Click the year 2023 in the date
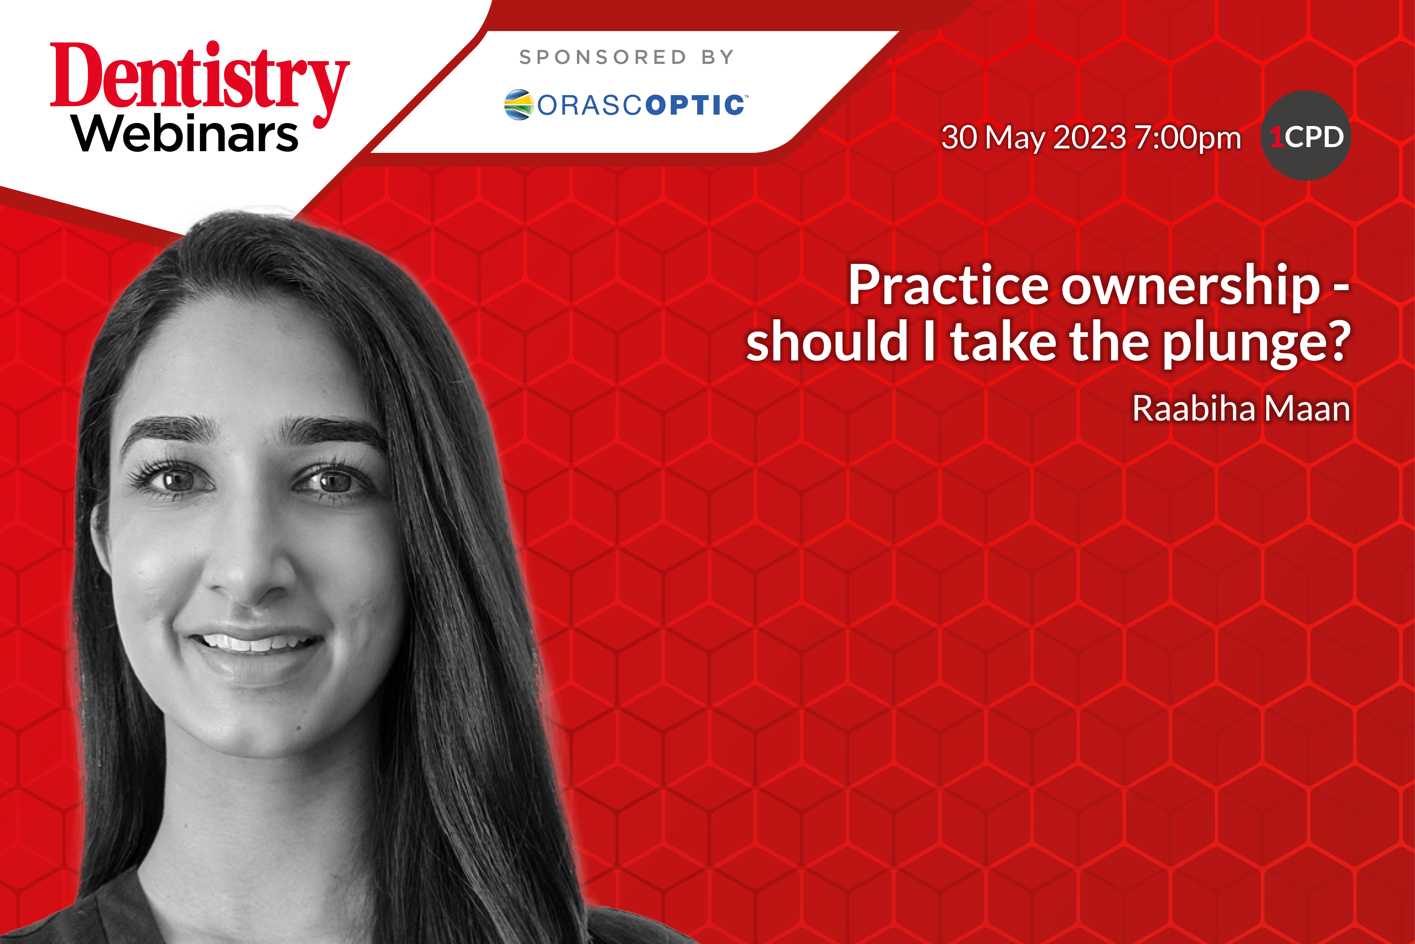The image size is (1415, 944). [x=1089, y=137]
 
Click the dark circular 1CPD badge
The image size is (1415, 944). [x=1306, y=136]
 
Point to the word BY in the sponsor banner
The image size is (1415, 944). [x=718, y=57]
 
